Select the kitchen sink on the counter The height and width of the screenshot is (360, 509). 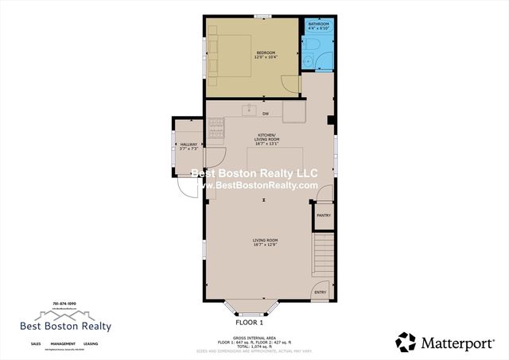click(248, 109)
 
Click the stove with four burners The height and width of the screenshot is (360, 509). click(216, 125)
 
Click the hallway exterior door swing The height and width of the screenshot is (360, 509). click(187, 186)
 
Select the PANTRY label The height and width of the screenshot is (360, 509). click(324, 215)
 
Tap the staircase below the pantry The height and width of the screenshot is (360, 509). click(323, 254)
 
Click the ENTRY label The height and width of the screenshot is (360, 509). click(321, 292)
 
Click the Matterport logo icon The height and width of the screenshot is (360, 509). click(406, 342)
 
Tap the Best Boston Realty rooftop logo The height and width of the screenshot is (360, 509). click(65, 315)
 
